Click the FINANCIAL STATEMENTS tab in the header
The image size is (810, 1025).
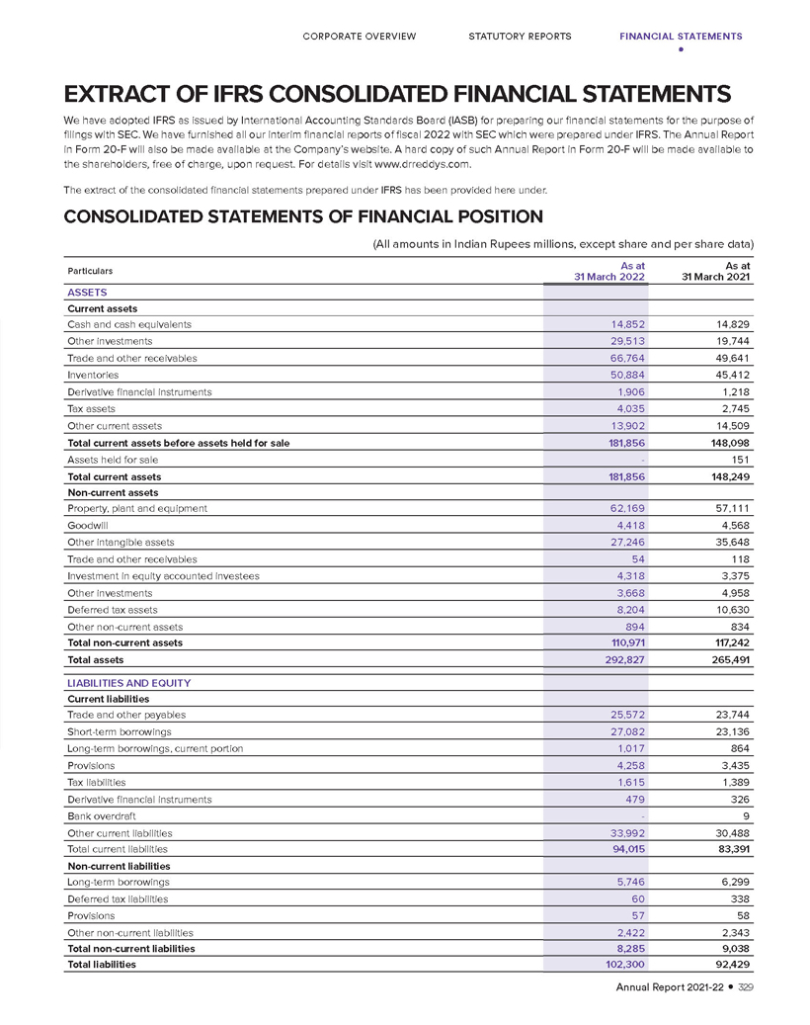click(681, 37)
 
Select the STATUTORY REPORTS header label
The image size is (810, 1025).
click(520, 37)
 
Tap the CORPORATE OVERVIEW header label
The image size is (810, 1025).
click(359, 37)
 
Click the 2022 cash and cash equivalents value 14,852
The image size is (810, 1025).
click(627, 324)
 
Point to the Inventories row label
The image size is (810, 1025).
click(93, 375)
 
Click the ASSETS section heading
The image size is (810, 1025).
click(87, 293)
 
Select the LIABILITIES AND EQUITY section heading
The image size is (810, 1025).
click(128, 683)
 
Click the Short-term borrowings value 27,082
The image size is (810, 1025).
click(627, 732)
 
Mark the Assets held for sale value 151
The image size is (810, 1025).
click(741, 460)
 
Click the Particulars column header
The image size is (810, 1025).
click(90, 271)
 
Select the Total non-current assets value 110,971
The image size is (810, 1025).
click(623, 642)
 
